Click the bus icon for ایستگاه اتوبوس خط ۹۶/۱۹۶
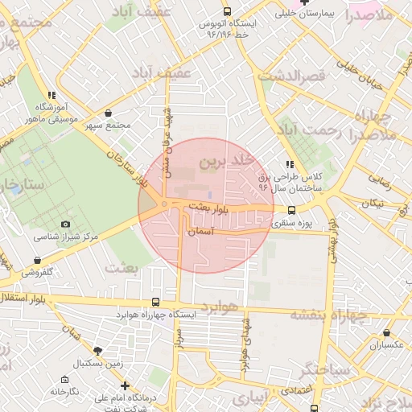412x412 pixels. pos(228,12)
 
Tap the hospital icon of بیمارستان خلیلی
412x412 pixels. pos(304,2)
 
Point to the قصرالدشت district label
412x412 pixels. pos(290,75)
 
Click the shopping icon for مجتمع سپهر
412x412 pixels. pos(109,113)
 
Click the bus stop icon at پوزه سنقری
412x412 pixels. pos(291,210)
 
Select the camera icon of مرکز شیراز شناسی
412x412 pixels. pos(65,225)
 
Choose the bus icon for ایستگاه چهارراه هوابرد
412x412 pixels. pos(167,303)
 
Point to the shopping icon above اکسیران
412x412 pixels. pos(387,332)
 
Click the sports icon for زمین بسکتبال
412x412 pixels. pos(98,351)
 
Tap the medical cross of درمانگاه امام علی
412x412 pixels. pos(124,385)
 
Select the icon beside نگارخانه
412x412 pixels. pos(64,378)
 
